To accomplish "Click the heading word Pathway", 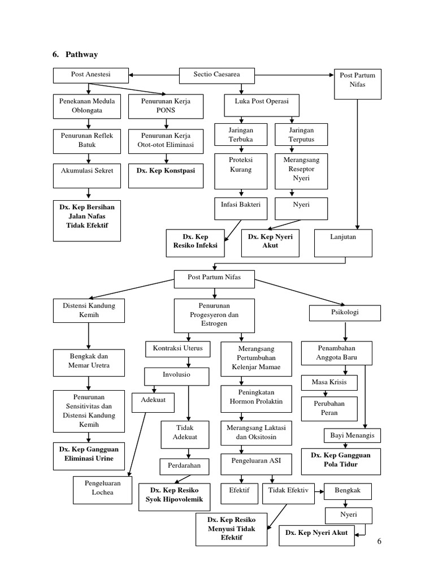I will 82,54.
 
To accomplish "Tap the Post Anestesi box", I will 90,75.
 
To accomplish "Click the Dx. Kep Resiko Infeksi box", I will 194,241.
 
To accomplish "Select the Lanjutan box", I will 343,241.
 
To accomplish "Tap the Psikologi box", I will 344,312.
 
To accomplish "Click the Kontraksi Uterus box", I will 174,348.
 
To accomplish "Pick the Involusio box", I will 177,375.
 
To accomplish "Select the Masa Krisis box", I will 329,382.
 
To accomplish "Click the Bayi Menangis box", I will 353,436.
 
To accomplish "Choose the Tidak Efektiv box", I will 288,491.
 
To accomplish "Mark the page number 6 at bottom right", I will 380,542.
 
